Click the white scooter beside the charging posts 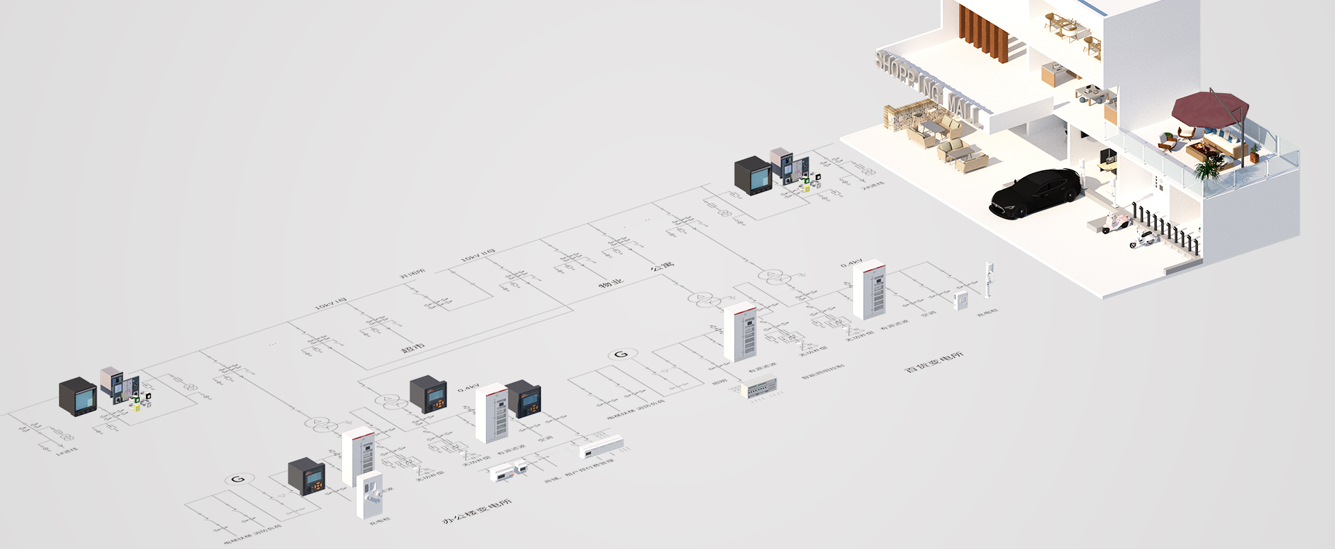pyautogui.click(x=1143, y=239)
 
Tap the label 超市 pyautogui.click(x=412, y=347)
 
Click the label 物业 pyautogui.click(x=611, y=284)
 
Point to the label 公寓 pyautogui.click(x=662, y=265)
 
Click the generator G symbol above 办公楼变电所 pyautogui.click(x=238, y=480)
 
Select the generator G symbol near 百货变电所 pyautogui.click(x=621, y=354)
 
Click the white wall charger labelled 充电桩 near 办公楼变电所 pyautogui.click(x=369, y=494)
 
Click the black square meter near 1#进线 pyautogui.click(x=77, y=396)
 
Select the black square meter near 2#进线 pyautogui.click(x=754, y=175)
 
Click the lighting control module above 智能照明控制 pyautogui.click(x=759, y=387)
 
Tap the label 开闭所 pyautogui.click(x=412, y=275)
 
